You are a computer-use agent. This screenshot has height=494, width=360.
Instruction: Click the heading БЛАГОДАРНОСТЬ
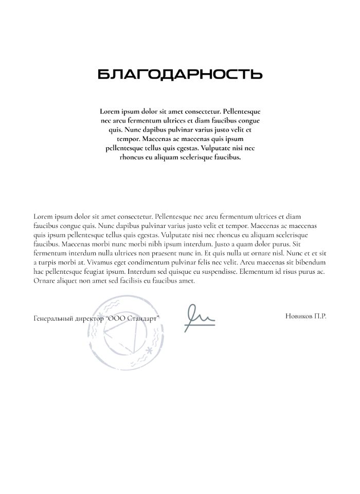click(180, 75)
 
